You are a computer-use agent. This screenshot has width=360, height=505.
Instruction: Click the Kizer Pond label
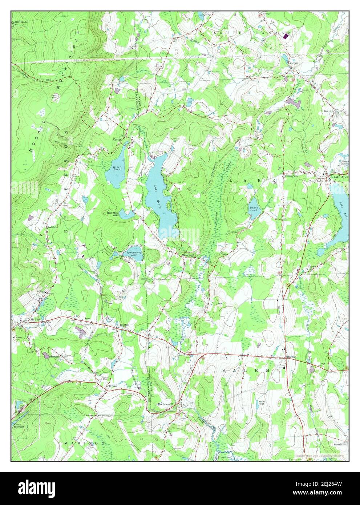click(116, 167)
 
